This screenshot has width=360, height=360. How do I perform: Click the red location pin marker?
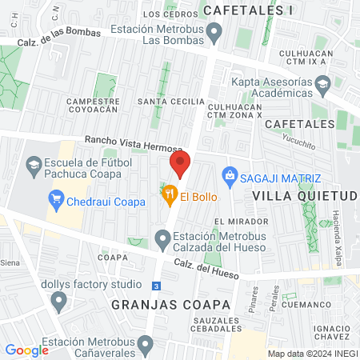pos(180,166)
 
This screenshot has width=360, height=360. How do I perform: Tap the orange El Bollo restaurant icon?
pos(169,194)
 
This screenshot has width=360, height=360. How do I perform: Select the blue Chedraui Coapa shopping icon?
pos(56,201)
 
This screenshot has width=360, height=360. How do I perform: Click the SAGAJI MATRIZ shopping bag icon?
pos(230,174)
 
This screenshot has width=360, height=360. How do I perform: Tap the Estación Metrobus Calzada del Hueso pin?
pos(162,238)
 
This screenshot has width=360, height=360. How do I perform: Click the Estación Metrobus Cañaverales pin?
pos(145,345)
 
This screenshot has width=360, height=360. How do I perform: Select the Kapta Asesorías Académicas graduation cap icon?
pos(322,83)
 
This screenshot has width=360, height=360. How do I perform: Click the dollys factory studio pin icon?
pos(58,301)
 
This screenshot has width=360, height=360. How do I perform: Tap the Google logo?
pos(26,350)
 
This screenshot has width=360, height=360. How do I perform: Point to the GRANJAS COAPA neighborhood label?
pos(171,305)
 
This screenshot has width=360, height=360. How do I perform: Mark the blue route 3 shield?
pos(157,286)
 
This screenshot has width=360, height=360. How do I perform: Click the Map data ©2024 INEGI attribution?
pos(311,353)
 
